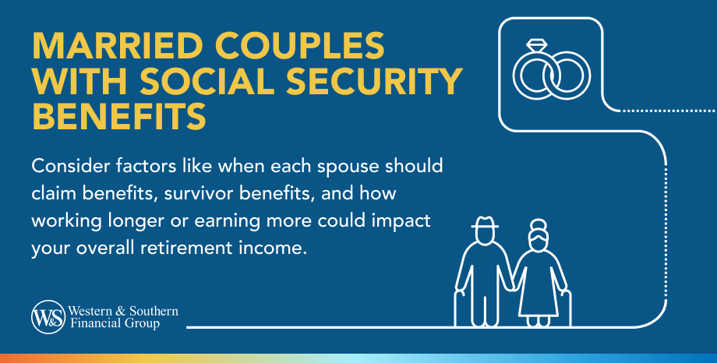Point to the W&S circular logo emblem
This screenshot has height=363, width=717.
pos(46,315)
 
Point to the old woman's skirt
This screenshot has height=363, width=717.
pos(539,296)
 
